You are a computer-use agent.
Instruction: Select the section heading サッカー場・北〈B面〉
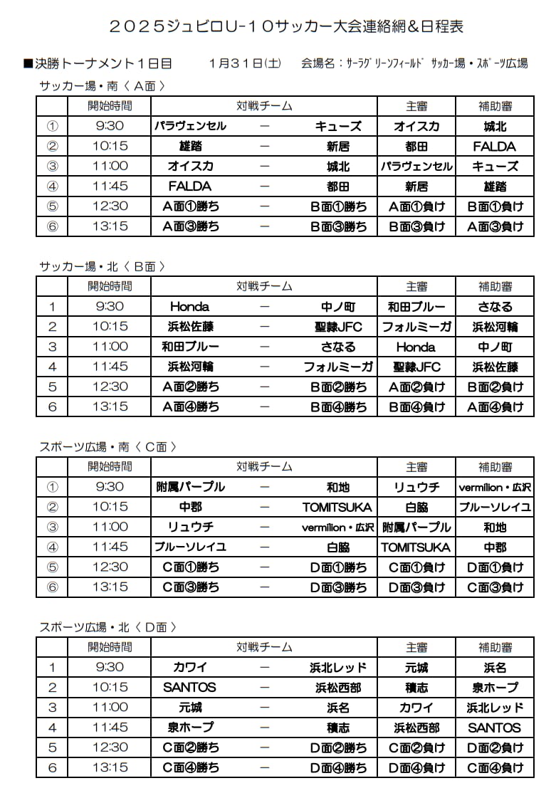tap(103, 266)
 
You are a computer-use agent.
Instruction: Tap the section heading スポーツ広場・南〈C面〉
tap(107, 447)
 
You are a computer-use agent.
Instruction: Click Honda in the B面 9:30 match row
tap(189, 307)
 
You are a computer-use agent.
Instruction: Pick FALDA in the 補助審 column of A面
tap(495, 147)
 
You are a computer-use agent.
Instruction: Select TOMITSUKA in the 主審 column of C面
tap(416, 547)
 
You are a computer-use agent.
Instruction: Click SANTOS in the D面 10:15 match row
tap(189, 688)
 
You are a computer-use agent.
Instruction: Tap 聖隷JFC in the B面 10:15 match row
tap(338, 327)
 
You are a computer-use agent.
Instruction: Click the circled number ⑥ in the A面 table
tap(52, 226)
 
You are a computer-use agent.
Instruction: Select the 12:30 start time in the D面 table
tap(110, 747)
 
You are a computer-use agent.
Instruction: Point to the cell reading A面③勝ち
tap(191, 226)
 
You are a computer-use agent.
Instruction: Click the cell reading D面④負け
tap(416, 767)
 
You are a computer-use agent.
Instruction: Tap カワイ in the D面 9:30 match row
tap(190, 668)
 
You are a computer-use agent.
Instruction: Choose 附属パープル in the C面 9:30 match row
tap(190, 487)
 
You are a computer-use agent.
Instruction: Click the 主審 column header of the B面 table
tap(416, 286)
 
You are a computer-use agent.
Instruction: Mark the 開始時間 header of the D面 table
tap(110, 647)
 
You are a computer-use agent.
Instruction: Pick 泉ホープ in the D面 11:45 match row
tap(190, 728)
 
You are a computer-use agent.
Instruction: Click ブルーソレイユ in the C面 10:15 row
tap(495, 507)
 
